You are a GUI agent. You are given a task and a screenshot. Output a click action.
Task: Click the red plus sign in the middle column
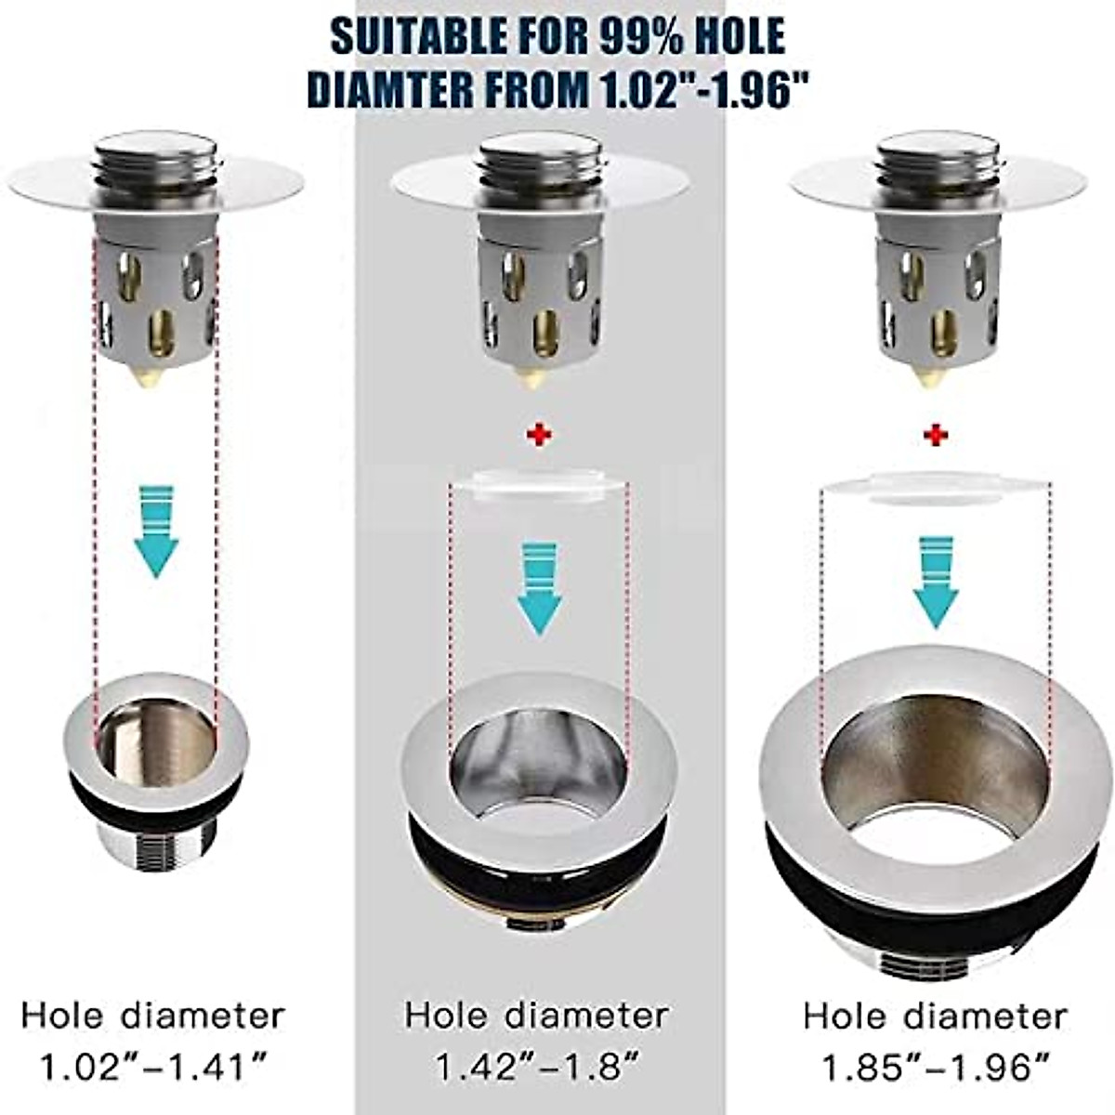pos(539,435)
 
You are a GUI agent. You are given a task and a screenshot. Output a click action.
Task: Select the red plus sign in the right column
pos(936,435)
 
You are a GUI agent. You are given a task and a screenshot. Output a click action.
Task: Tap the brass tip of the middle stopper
pos(532,377)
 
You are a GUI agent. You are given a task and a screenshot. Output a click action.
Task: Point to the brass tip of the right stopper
pos(929,377)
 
